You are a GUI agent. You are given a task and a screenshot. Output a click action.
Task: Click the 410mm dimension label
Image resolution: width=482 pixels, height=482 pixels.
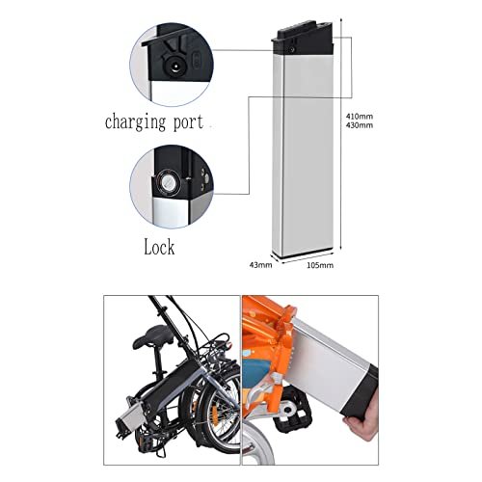[360, 116]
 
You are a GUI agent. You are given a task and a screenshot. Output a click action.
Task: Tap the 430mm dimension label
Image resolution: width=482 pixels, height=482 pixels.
[360, 125]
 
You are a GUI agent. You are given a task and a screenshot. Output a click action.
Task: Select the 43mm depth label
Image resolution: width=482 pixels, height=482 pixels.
[261, 265]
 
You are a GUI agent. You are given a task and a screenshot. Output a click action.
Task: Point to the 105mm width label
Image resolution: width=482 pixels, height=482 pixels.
[320, 265]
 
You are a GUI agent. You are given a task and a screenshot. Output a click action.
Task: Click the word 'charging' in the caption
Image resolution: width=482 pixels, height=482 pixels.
[136, 122]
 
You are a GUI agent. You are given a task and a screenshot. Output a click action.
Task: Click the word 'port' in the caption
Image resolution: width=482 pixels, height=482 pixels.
[188, 123]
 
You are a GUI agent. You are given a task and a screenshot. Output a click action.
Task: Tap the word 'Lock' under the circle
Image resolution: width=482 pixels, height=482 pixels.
[159, 247]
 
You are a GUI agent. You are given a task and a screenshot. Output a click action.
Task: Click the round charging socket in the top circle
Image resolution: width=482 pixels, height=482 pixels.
[174, 67]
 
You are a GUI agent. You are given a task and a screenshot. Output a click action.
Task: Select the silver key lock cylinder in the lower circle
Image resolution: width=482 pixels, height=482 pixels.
[168, 183]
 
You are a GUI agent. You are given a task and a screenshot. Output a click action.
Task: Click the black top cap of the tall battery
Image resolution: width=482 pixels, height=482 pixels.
[302, 39]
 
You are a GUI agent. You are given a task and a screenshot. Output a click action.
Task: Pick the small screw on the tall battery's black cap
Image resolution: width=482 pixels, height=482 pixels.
[292, 50]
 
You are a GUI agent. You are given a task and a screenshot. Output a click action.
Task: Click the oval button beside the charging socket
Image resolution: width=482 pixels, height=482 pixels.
[196, 60]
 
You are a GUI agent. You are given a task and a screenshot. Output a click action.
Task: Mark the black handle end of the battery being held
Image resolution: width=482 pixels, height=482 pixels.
[360, 392]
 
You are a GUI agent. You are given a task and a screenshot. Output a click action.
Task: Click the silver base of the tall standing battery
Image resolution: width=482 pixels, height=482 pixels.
[302, 253]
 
